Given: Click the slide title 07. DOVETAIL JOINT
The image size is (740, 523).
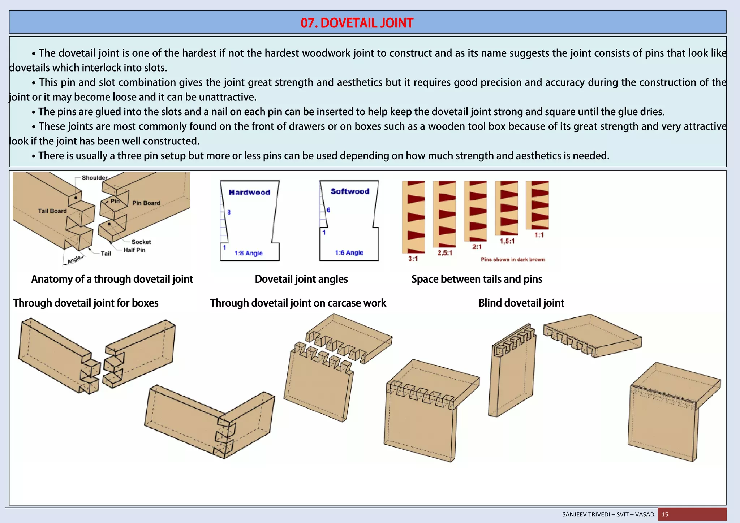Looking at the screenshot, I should [x=357, y=23].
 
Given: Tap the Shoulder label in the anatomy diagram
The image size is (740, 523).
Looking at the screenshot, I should [x=94, y=178].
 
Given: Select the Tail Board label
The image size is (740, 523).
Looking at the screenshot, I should [x=52, y=211].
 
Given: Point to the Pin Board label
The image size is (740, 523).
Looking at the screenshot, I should [x=146, y=203].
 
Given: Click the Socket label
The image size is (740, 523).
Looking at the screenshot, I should [x=141, y=242].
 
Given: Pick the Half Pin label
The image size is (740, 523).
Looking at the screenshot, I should [x=134, y=250].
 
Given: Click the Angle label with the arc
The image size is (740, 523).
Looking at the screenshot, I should [x=74, y=259].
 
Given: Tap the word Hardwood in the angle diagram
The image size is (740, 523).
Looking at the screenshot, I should [x=249, y=193].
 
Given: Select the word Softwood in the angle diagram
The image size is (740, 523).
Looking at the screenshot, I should [x=350, y=191].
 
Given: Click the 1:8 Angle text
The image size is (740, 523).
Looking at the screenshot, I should [x=248, y=253].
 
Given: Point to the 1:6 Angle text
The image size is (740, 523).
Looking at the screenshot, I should [x=349, y=252].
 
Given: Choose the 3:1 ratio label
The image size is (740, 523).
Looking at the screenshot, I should [x=413, y=259].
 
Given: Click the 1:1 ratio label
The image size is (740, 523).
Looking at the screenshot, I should [x=539, y=235].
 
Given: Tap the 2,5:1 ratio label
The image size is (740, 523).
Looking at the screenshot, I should [x=445, y=253].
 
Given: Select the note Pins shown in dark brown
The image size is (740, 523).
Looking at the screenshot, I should [x=512, y=259].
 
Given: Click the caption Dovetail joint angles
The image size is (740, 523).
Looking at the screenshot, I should [x=301, y=279].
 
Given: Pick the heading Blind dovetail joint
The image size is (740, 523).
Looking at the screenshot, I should [x=521, y=303].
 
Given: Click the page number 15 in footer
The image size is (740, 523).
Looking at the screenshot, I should [x=665, y=514].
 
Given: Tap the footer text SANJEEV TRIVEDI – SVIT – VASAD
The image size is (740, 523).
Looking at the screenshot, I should [x=608, y=514].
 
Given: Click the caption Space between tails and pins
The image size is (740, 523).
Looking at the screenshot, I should [x=477, y=279].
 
